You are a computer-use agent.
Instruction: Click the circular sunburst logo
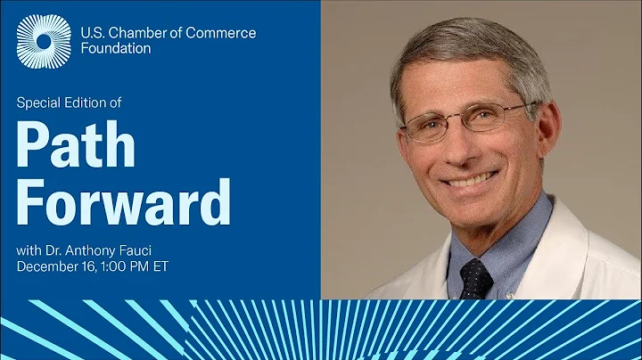coord(43,41)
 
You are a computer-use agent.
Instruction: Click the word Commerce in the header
coord(223,33)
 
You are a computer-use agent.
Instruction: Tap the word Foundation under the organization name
coord(115,49)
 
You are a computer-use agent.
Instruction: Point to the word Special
coord(39,102)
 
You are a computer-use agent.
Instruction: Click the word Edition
coord(88,102)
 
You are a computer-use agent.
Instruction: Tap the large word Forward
coord(124,203)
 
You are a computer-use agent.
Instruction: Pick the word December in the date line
coord(47,266)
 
